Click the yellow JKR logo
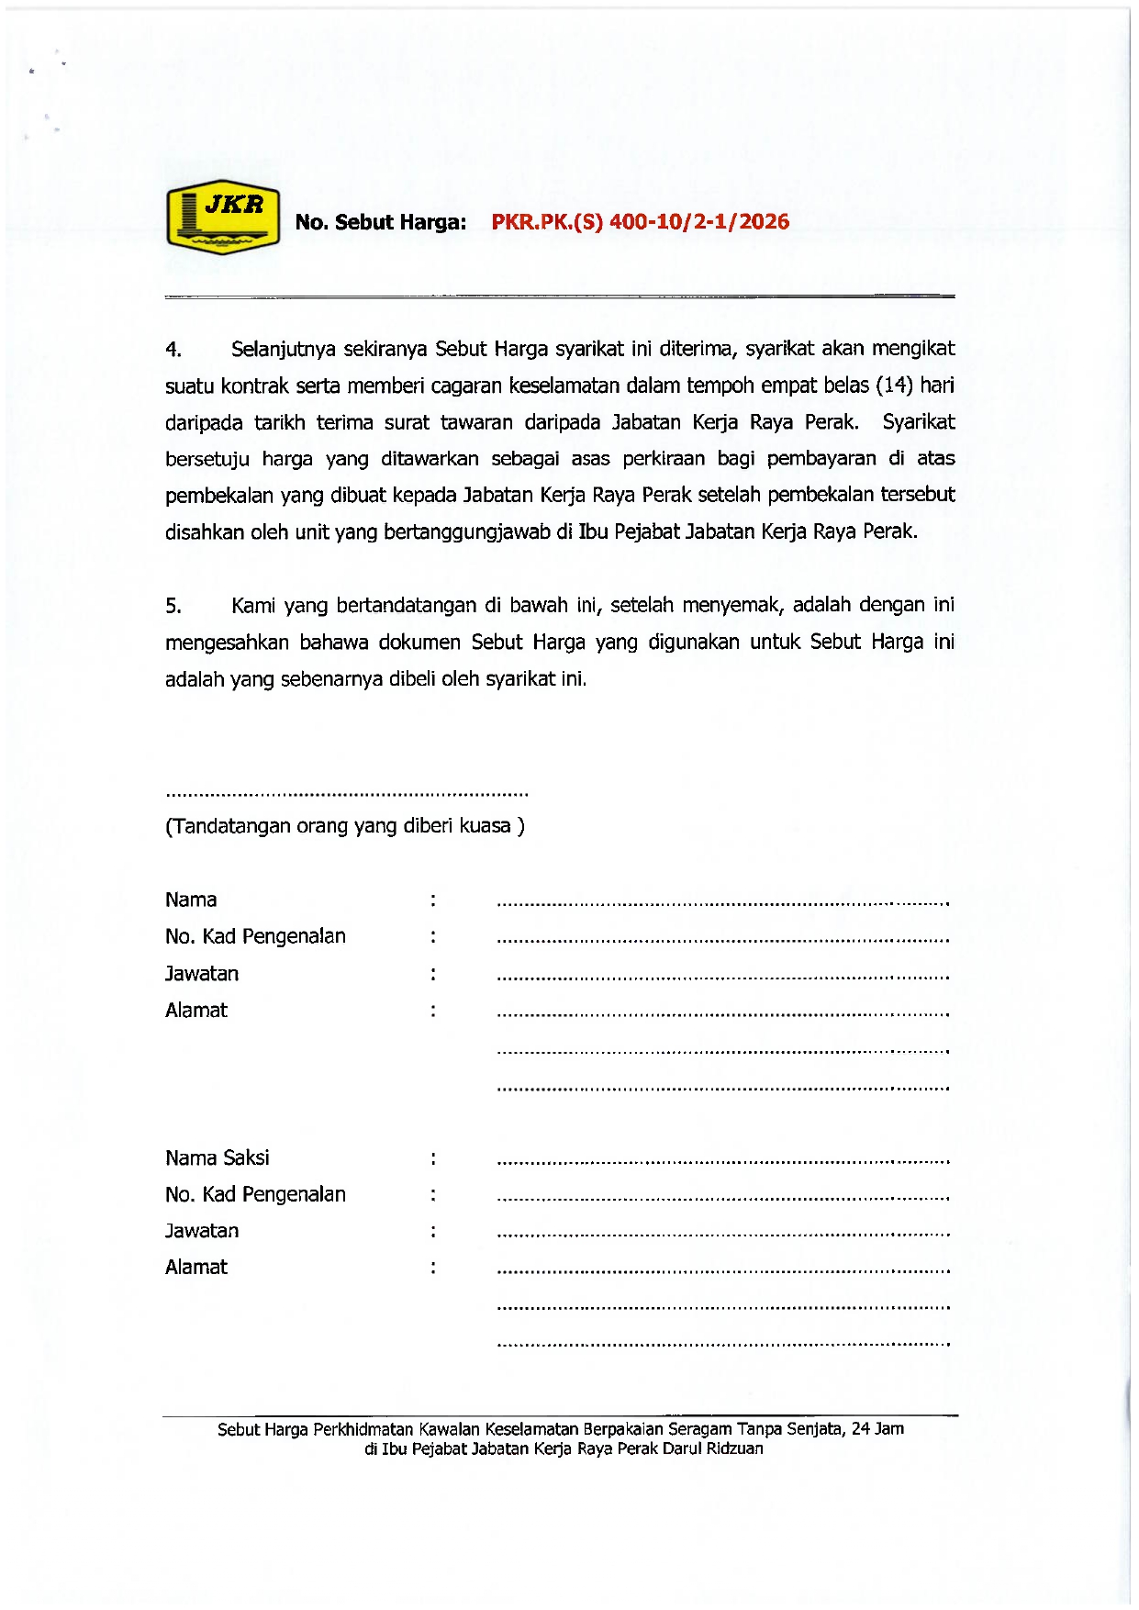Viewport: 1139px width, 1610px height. tap(222, 217)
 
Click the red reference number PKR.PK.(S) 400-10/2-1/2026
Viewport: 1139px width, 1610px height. tap(640, 221)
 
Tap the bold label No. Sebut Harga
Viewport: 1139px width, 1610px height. tap(380, 222)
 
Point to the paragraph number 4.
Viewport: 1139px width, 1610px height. tap(173, 350)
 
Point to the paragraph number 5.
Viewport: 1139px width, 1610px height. tap(173, 606)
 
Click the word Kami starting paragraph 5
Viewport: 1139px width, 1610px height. tap(253, 606)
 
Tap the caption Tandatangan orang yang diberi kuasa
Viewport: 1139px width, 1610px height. tap(345, 826)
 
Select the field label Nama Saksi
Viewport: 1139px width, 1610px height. tap(218, 1158)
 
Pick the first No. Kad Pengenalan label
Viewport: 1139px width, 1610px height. tap(255, 936)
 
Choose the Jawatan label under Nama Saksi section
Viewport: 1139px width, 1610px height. tap(202, 1231)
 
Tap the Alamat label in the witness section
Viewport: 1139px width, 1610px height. tap(196, 1268)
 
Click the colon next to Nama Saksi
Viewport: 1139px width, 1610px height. tap(432, 1158)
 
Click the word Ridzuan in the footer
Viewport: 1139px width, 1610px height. tap(734, 1448)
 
